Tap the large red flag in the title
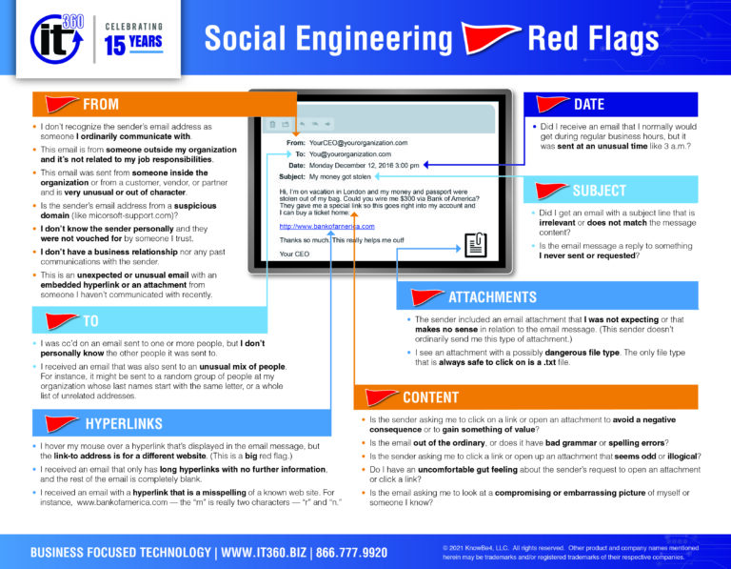pyautogui.click(x=489, y=39)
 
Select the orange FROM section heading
pyautogui.click(x=100, y=104)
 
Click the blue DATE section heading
pyautogui.click(x=589, y=104)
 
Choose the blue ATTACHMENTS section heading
pyautogui.click(x=492, y=296)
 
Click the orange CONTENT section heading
pyautogui.click(x=430, y=396)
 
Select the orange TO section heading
pyautogui.click(x=91, y=321)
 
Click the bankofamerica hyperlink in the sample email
pyautogui.click(x=326, y=227)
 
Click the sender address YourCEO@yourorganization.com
pyautogui.click(x=358, y=143)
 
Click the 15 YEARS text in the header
pyautogui.click(x=134, y=46)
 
